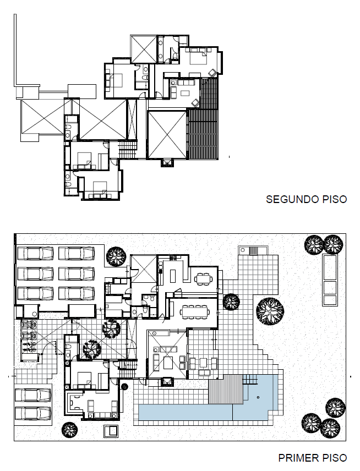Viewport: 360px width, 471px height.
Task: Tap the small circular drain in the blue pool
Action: click(258, 397)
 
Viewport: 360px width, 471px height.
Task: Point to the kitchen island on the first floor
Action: click(173, 276)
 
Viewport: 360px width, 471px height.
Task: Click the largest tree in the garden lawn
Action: click(270, 311)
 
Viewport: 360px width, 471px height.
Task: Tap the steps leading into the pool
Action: click(250, 380)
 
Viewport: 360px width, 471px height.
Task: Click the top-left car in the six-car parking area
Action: click(35, 253)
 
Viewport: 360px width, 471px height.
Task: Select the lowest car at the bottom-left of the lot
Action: click(33, 413)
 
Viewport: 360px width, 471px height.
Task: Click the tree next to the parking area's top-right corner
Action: click(116, 256)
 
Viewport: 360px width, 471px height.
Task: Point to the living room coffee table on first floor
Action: click(168, 362)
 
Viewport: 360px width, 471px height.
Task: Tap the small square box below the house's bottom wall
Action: click(111, 431)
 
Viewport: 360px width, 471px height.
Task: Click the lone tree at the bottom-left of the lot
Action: click(70, 430)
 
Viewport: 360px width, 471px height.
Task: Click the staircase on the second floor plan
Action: click(128, 150)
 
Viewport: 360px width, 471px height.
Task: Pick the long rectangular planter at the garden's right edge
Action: click(330, 280)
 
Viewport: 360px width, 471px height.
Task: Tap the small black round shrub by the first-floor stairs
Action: click(124, 387)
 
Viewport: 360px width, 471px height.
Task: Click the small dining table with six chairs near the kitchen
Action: click(204, 278)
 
